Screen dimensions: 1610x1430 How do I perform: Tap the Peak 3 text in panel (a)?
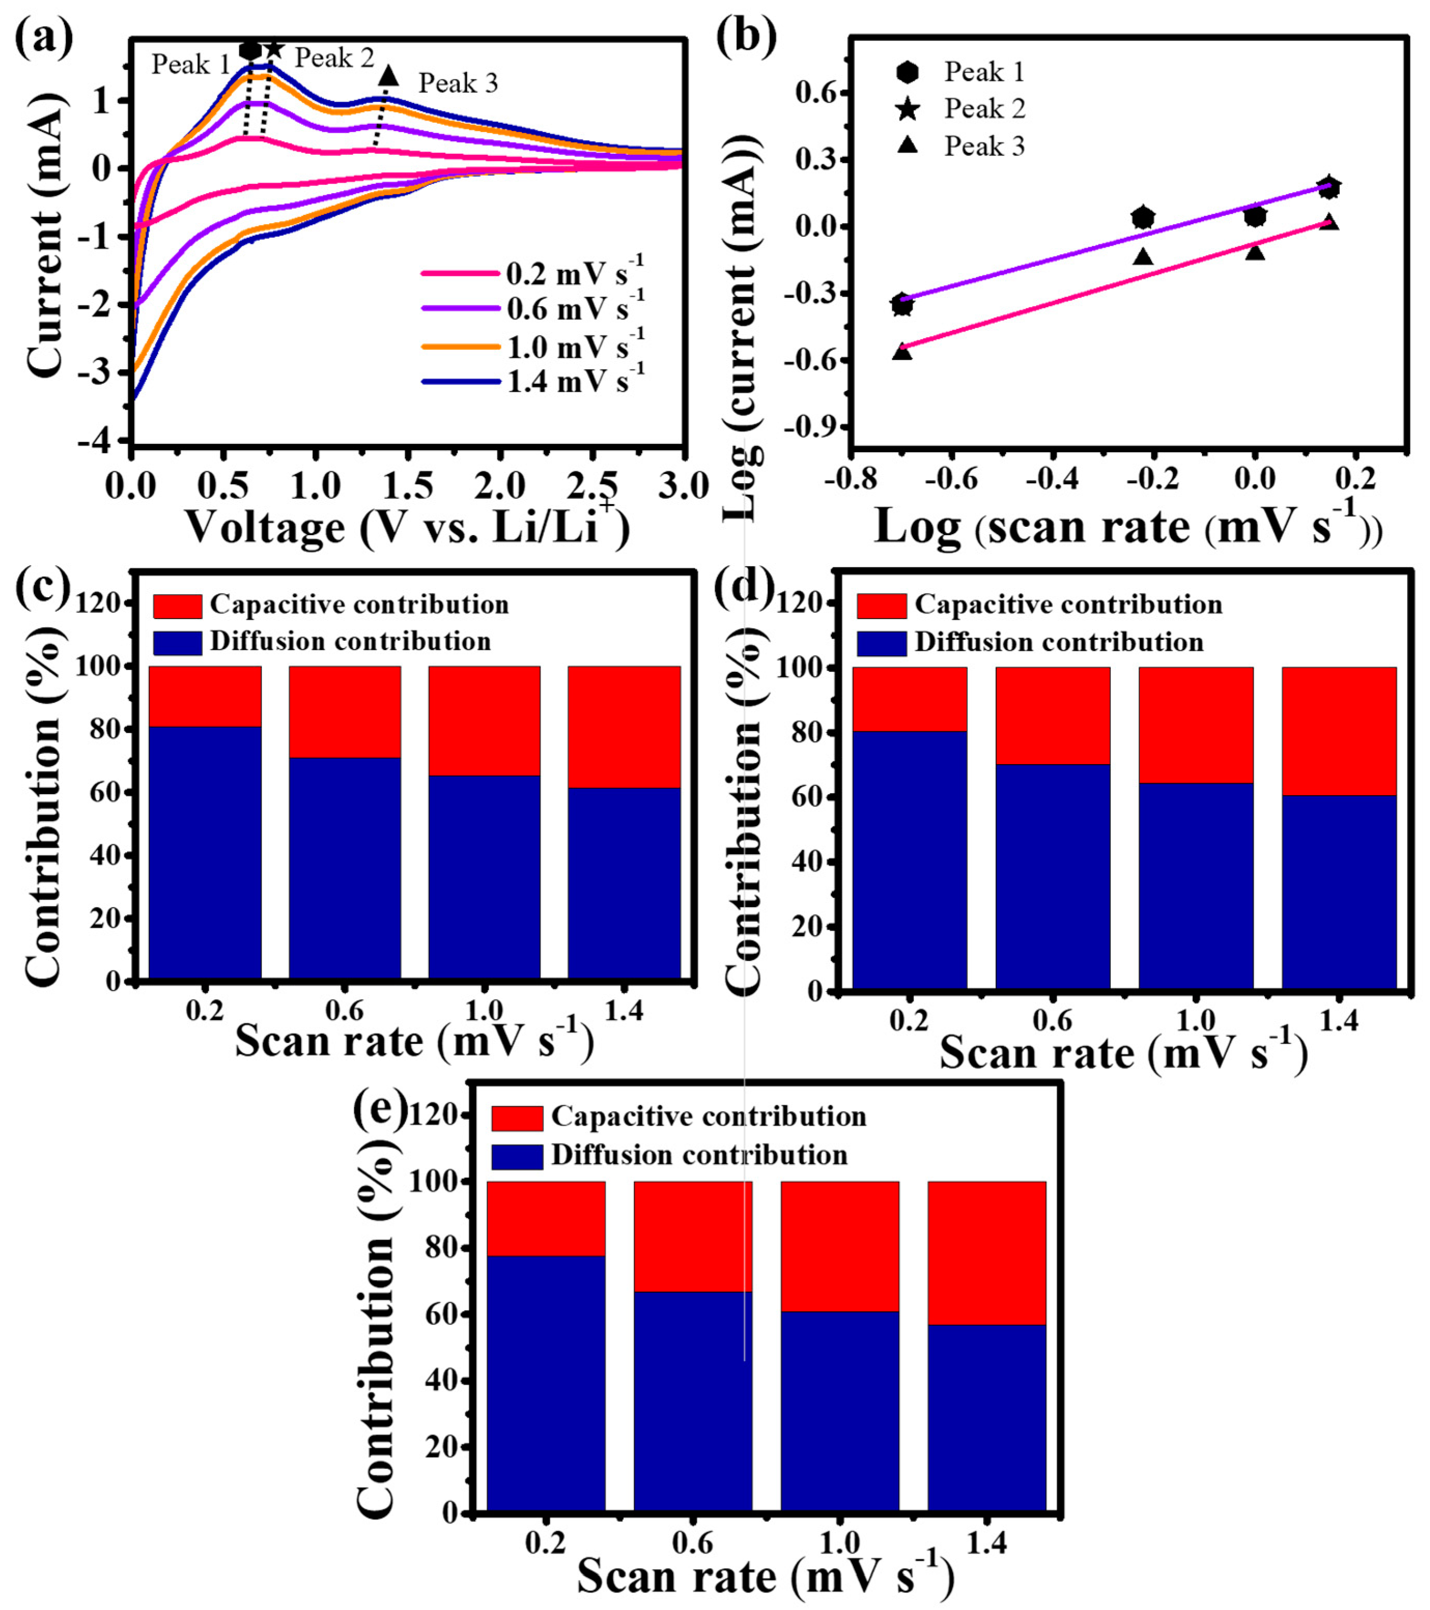point(458,83)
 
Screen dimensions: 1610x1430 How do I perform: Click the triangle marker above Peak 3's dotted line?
point(388,76)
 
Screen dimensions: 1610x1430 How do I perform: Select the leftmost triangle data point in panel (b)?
point(902,351)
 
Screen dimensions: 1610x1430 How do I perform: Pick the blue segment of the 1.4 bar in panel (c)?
point(624,882)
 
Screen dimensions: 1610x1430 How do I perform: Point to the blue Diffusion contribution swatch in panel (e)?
point(517,1156)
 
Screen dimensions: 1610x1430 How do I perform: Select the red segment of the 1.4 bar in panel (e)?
point(986,1253)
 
